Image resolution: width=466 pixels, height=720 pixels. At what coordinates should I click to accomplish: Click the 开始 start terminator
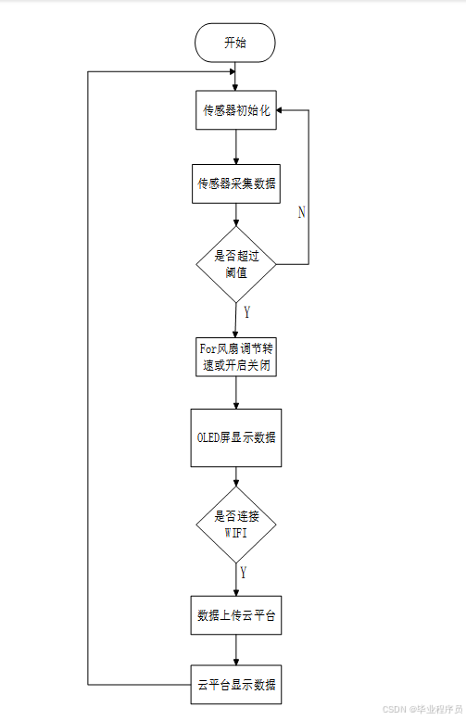coord(235,44)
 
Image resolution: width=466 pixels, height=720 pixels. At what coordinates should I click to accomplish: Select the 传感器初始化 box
coord(235,111)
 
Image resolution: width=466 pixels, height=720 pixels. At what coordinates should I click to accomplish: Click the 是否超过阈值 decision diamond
coord(235,264)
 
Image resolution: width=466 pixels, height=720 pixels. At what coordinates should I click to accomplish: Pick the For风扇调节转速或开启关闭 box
coord(235,357)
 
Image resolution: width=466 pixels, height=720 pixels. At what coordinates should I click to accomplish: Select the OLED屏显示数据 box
coord(235,437)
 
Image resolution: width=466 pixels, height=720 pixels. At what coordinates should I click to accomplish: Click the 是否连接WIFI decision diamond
coord(235,525)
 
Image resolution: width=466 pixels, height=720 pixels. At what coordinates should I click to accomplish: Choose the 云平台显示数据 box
coord(235,687)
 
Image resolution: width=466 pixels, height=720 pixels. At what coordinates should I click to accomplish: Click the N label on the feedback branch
coord(301,212)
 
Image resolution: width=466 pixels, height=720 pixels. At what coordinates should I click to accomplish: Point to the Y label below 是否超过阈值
coord(246,311)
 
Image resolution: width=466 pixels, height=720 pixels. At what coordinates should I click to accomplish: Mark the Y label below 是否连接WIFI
coord(243,572)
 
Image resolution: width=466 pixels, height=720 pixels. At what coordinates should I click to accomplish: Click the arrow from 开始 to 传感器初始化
coord(235,77)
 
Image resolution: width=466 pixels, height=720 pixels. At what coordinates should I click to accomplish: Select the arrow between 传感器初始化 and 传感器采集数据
coord(235,147)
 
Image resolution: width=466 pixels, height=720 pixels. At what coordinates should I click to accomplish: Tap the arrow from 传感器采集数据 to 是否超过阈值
coord(235,215)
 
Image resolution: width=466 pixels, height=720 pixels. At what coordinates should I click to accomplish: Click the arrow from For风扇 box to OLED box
coord(235,393)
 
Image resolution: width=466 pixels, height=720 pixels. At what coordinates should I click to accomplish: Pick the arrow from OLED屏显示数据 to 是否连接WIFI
coord(235,477)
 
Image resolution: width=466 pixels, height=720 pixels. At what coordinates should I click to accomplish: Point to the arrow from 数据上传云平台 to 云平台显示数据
coord(235,651)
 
